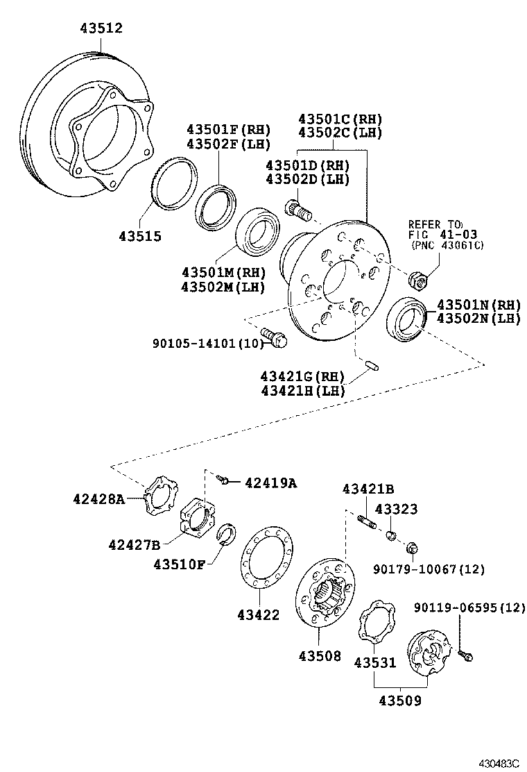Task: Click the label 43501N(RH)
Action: pyautogui.click(x=478, y=305)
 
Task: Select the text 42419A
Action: pyautogui.click(x=270, y=483)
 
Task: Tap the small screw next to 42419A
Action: pyautogui.click(x=223, y=479)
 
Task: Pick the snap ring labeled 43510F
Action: pyautogui.click(x=227, y=535)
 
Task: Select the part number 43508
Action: pyautogui.click(x=320, y=655)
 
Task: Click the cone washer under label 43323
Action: pyautogui.click(x=391, y=535)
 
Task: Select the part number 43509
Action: pyautogui.click(x=399, y=701)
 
